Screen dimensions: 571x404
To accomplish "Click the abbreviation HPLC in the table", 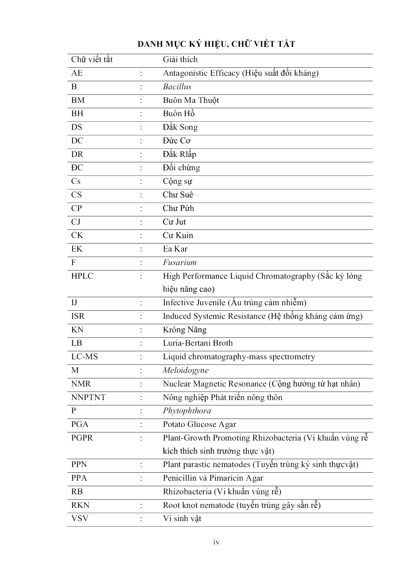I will [82, 276].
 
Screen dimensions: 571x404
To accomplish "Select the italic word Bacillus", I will [177, 87].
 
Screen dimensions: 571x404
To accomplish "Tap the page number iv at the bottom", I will [216, 542].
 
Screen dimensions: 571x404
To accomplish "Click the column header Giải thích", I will [180, 60].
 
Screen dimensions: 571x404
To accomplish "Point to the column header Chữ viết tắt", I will [92, 60].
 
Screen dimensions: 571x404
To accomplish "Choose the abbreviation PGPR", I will [82, 438].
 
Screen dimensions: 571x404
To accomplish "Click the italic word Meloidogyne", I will [186, 370].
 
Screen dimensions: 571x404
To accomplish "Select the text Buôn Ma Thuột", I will [191, 100].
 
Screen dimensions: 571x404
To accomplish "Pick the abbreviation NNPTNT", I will [88, 397].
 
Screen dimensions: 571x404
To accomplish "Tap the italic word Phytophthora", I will [187, 411].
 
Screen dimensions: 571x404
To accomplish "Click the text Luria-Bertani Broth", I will [197, 343].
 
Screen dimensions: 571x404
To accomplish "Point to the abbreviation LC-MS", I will [84, 357].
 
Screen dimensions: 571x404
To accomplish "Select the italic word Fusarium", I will [180, 263].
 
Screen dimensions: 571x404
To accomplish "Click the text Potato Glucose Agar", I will [199, 425].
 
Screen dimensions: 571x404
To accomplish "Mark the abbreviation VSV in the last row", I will [80, 519].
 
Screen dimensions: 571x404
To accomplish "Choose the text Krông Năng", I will [185, 330].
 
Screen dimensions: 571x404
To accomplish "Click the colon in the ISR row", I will [141, 316].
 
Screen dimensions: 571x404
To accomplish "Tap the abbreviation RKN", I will [80, 505].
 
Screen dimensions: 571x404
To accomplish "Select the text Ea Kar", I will [175, 249].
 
